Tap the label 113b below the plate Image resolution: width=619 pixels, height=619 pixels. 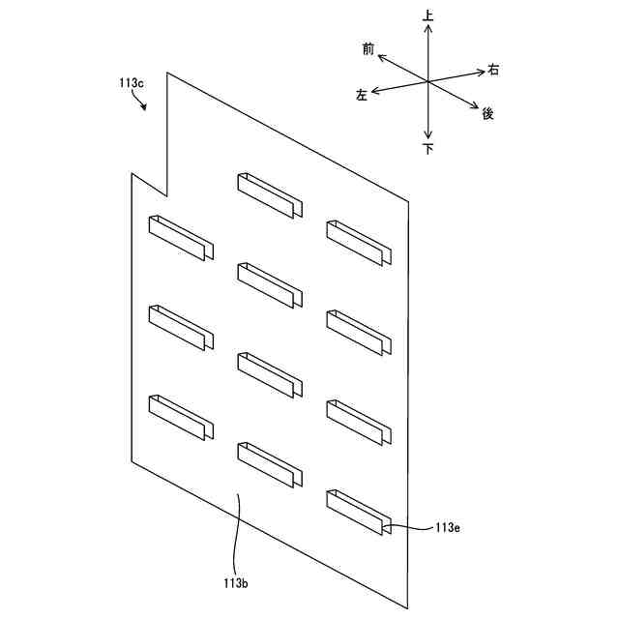click(236, 583)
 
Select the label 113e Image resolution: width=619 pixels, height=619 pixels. click(447, 527)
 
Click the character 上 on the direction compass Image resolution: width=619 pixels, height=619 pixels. click(427, 16)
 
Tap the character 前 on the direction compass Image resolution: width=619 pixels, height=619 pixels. click(368, 48)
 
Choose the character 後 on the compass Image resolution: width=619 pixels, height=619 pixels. click(487, 113)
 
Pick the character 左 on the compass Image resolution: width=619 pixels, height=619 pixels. click(362, 95)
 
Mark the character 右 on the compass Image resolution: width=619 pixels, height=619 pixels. click(493, 69)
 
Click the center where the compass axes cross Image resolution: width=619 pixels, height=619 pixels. click(427, 81)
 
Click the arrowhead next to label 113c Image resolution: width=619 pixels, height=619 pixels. click(145, 108)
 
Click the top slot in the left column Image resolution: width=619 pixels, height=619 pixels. click(181, 238)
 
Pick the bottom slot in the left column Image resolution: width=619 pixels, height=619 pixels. click(181, 418)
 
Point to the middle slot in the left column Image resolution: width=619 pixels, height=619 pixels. click(181, 328)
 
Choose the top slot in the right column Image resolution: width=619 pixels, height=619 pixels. click(359, 243)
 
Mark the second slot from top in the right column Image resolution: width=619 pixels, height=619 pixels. click(359, 333)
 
